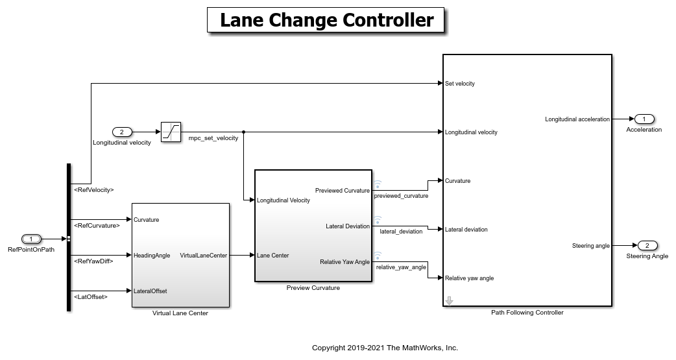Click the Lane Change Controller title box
pos(326,20)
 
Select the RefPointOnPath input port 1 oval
pos(31,239)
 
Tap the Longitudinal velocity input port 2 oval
pos(122,132)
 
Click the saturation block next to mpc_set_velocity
pos(171,132)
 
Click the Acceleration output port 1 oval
pos(644,119)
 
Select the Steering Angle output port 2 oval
pos(647,246)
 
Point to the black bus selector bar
pos(68,237)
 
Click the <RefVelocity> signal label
pos(93,190)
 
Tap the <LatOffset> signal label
pos(90,296)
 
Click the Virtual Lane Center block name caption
pos(180,313)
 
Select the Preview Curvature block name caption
pos(313,288)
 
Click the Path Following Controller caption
pos(527,313)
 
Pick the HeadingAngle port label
pos(152,256)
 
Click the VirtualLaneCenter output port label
pos(203,256)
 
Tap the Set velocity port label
pos(460,84)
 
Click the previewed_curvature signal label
pos(401,195)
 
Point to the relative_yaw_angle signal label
pos(401,267)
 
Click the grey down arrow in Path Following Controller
pos(449,300)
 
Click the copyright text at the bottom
pos(385,348)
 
